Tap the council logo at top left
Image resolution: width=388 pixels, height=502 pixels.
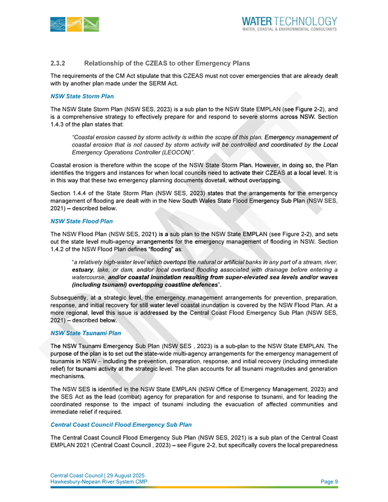(75, 24)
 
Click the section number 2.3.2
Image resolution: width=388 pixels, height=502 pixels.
(60, 63)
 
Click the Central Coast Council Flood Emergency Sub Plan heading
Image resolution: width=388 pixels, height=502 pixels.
(121, 424)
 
